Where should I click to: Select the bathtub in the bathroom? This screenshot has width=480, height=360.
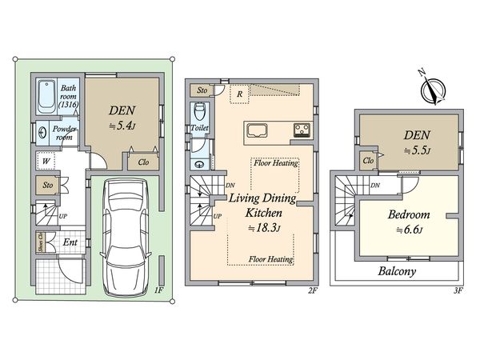46,98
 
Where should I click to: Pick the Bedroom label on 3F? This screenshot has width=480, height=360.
410,215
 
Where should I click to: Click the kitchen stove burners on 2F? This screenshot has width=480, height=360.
303,130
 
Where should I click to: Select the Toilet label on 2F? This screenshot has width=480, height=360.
199,128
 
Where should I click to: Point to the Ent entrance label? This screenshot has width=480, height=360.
70,242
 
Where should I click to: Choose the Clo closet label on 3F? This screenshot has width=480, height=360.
369,161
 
